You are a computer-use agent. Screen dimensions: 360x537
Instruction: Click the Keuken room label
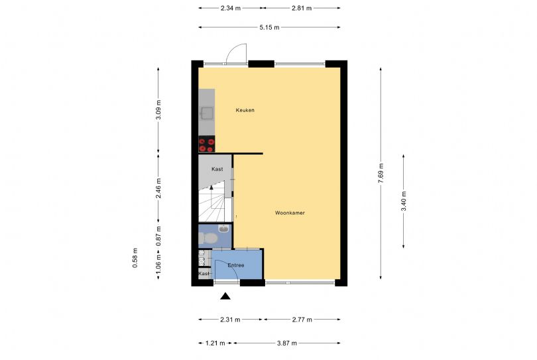[245, 110]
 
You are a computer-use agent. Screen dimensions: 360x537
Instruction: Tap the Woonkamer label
[290, 213]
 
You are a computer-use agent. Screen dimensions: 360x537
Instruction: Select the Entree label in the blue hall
[235, 265]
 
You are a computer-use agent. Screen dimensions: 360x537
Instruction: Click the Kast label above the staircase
[217, 169]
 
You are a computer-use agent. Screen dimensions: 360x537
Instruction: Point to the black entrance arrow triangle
[226, 297]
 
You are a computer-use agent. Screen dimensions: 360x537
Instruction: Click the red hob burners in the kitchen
[206, 145]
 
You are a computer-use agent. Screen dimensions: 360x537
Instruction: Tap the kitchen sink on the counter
[207, 112]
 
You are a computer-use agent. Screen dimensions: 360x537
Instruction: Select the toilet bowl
[209, 237]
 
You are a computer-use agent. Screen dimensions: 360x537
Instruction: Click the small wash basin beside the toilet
[225, 229]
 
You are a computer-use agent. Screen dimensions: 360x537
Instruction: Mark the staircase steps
[212, 202]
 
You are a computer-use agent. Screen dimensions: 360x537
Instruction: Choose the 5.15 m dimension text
[269, 27]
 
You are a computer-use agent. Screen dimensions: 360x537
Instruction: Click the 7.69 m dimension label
[381, 175]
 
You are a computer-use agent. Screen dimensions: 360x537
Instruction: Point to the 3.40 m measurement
[403, 200]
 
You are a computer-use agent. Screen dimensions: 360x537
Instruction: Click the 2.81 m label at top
[301, 9]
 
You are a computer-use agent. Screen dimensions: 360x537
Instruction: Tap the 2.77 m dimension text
[302, 320]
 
